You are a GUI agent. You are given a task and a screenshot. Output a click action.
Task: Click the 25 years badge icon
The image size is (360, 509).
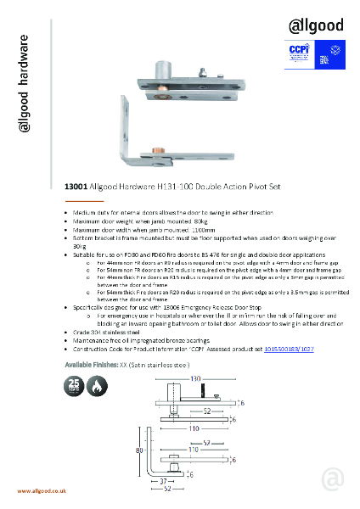tap(75, 384)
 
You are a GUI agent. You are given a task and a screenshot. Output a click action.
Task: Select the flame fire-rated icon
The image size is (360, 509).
tap(95, 384)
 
